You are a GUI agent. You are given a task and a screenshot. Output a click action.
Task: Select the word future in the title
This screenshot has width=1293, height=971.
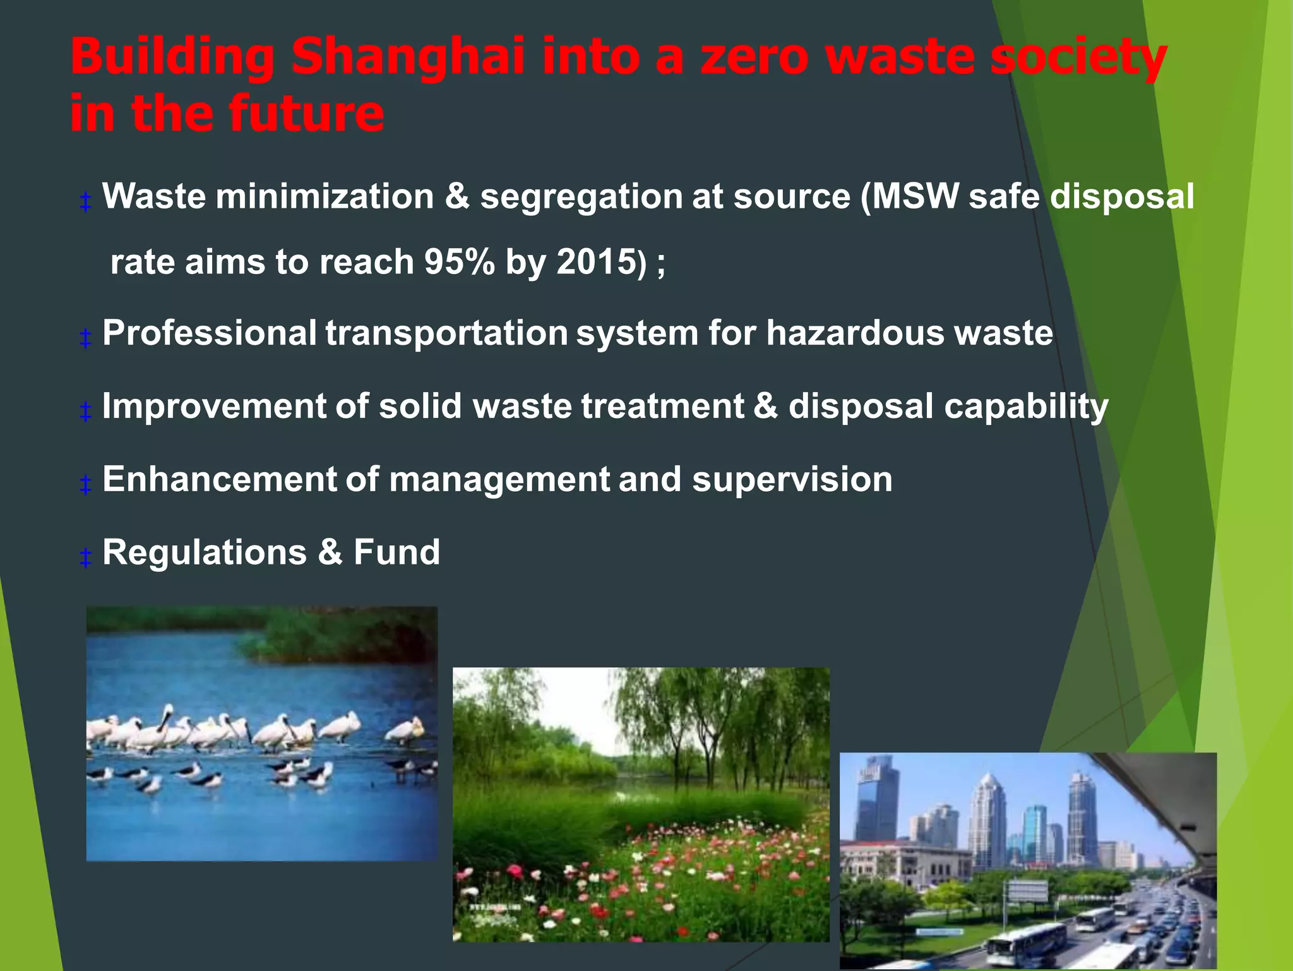pos(306,114)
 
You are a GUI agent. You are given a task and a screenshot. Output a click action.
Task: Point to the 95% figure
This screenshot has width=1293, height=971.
pos(459,261)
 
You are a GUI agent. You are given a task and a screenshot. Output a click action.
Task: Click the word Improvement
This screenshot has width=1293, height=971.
pos(213,406)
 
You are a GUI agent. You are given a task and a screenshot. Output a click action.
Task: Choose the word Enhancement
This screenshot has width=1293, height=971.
pos(219,479)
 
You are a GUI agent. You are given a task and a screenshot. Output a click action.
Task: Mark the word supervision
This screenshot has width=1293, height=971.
pos(792,480)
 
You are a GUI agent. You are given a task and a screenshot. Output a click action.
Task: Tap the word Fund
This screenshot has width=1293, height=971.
pos(396,552)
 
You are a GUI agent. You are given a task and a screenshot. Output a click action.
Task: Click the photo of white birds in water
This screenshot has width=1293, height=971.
pos(261,734)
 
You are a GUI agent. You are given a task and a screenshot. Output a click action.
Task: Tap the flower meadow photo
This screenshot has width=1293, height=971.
pos(641,805)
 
